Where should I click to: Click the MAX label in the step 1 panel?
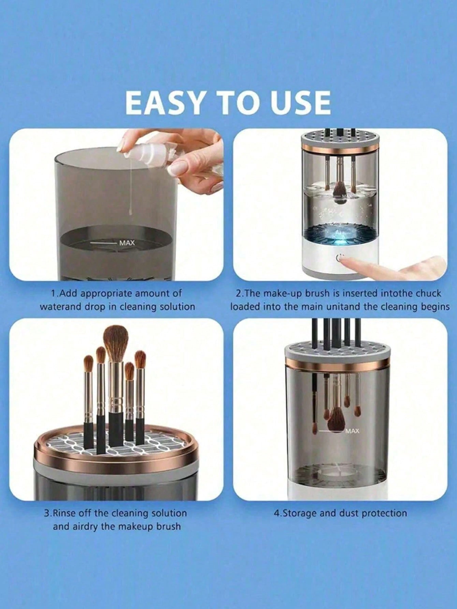(x=127, y=243)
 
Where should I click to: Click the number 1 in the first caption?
(x=53, y=293)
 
